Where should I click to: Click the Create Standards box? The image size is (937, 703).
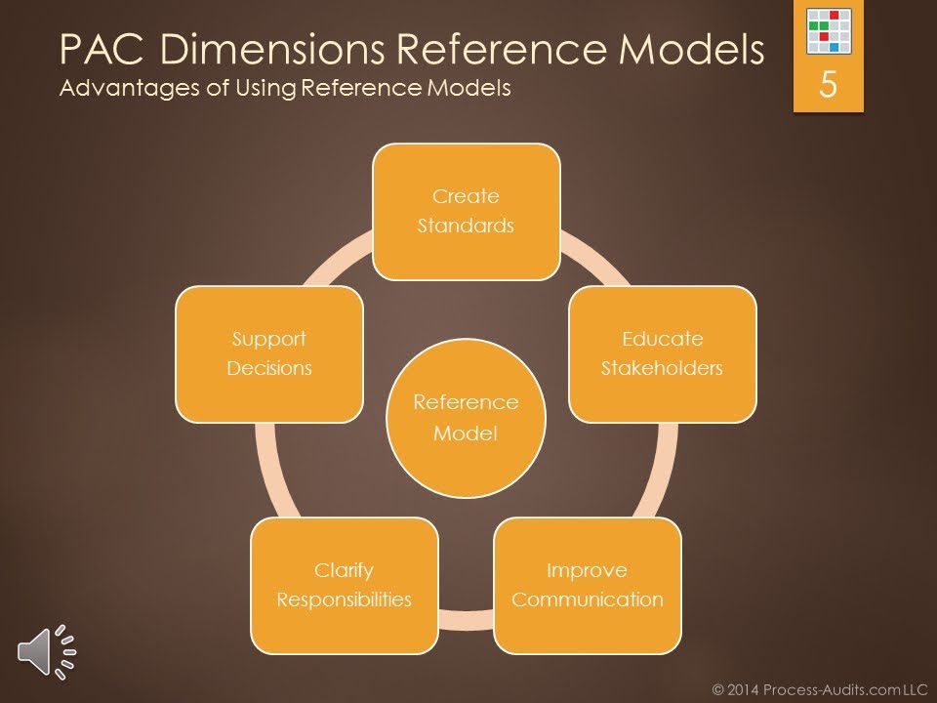tap(466, 211)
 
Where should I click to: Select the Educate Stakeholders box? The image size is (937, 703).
tap(662, 353)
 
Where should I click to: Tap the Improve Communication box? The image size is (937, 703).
tap(587, 585)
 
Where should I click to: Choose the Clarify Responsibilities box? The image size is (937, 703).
tap(344, 585)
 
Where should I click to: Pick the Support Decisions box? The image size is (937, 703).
tap(269, 353)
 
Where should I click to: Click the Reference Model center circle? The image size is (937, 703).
tap(466, 418)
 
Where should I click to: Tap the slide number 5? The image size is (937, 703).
tap(828, 85)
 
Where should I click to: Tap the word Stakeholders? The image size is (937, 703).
tap(662, 368)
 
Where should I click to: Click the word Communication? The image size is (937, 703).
tap(587, 599)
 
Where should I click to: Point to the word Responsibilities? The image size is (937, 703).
tap(344, 599)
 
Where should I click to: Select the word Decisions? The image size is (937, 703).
tap(269, 368)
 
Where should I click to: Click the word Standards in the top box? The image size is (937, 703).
tap(466, 226)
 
